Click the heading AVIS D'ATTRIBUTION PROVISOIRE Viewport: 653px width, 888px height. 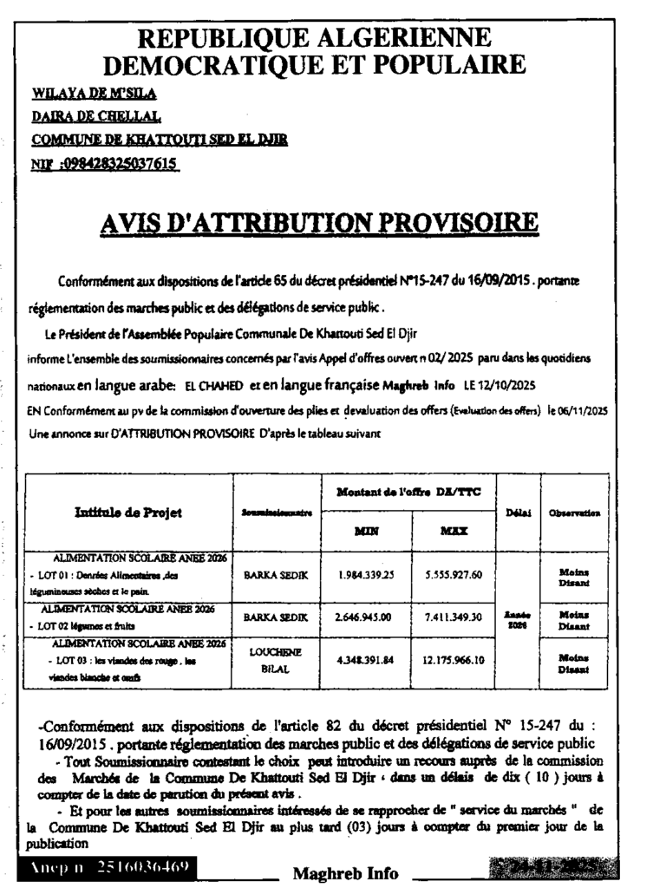(x=319, y=223)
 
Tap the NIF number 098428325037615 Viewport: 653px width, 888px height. (x=116, y=163)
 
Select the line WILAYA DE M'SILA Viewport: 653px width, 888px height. (x=93, y=94)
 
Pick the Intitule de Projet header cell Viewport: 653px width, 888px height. (x=128, y=513)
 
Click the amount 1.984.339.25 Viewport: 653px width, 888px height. (x=365, y=574)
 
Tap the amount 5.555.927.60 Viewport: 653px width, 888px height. (x=454, y=574)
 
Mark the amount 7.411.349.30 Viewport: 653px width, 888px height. (x=454, y=617)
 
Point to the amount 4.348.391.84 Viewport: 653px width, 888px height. (x=365, y=660)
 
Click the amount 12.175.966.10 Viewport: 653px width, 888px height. (x=454, y=660)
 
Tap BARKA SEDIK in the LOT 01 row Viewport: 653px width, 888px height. (x=277, y=574)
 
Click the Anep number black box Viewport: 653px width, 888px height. (x=106, y=867)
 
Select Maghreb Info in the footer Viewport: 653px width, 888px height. (x=345, y=872)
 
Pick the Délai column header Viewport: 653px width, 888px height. (x=518, y=513)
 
